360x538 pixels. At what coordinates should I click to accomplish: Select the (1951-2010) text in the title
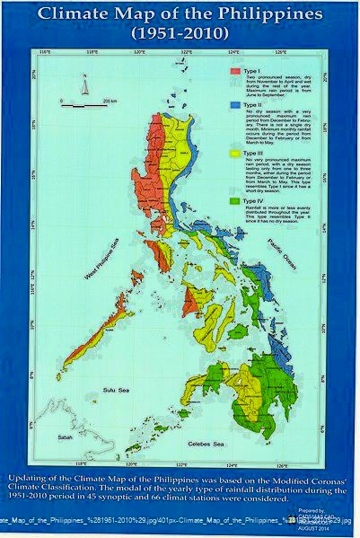click(180, 33)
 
